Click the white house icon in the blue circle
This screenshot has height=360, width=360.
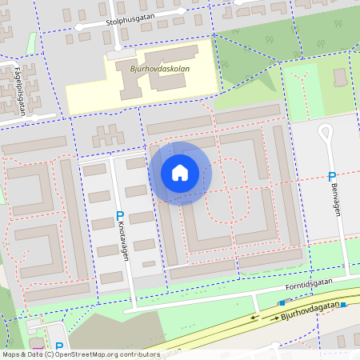point(180,173)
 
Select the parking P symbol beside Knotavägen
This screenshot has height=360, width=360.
point(120,215)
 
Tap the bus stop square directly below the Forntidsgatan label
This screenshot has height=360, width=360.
point(282,302)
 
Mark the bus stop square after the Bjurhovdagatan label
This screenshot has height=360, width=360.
point(342,304)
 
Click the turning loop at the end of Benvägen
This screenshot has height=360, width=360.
point(326,131)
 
